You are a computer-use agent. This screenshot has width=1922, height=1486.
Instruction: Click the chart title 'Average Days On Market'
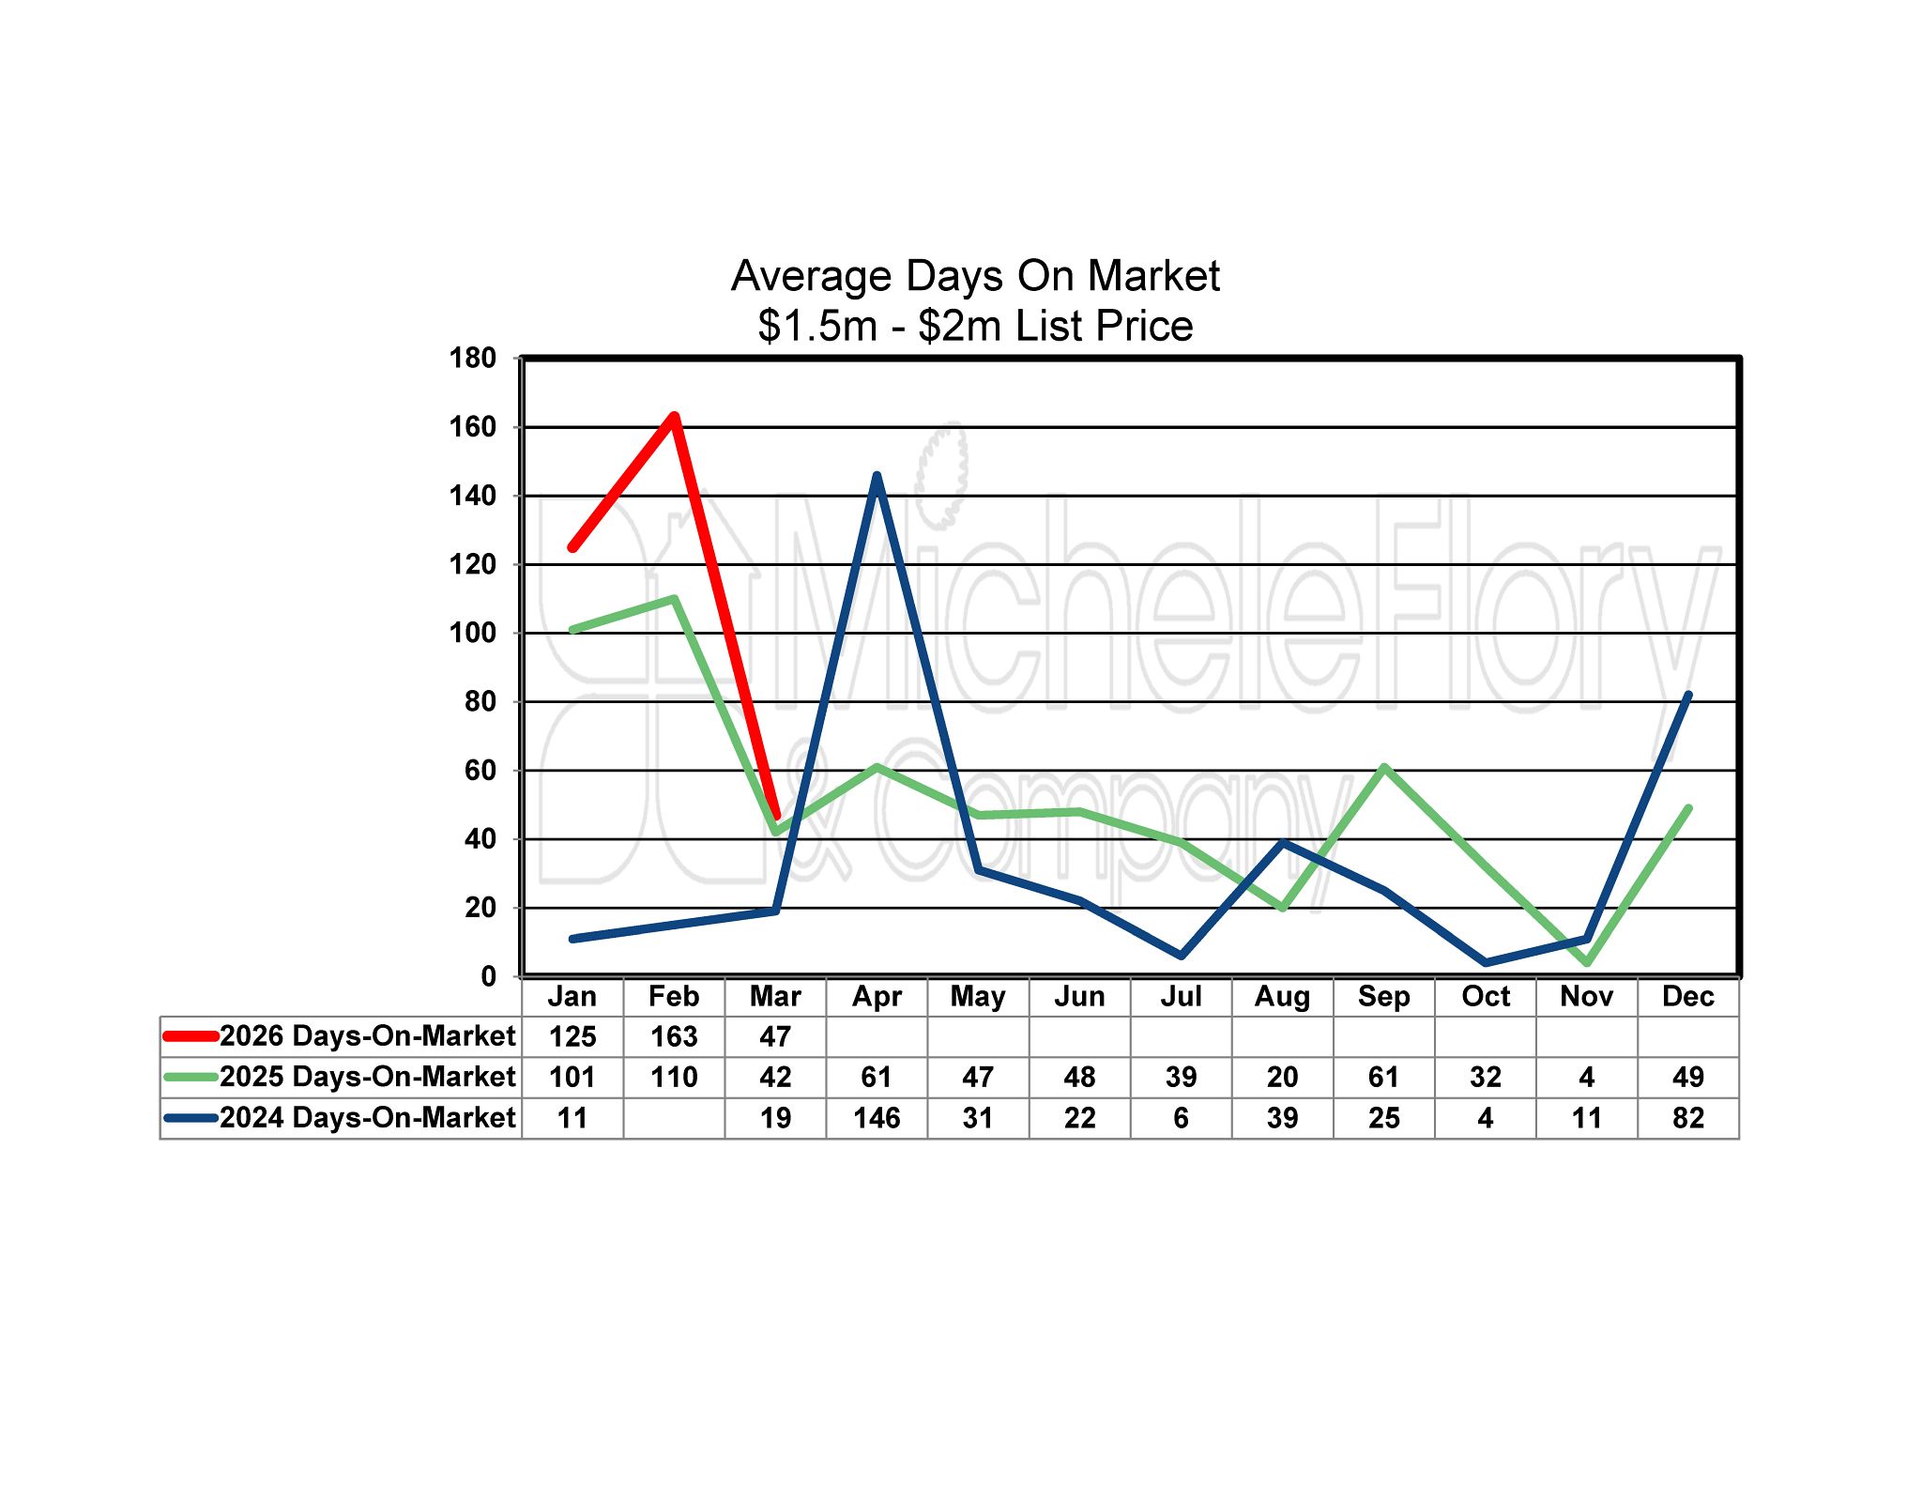(975, 276)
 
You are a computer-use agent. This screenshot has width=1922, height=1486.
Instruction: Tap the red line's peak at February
(674, 417)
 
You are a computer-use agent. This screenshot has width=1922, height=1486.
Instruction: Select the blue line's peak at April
(877, 476)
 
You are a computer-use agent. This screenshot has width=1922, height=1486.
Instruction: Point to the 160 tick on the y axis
(472, 427)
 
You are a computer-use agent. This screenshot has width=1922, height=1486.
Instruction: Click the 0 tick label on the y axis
(488, 976)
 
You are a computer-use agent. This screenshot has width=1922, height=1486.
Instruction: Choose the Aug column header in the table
(1282, 996)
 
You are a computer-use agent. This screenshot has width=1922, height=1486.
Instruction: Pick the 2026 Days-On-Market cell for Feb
(674, 1036)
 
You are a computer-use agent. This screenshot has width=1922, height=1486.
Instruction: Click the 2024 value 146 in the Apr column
(877, 1118)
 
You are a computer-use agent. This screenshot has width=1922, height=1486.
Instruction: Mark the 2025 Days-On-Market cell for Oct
(1485, 1077)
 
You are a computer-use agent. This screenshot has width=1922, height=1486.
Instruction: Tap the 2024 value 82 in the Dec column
(1687, 1118)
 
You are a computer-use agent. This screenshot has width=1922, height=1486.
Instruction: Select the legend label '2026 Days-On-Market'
(367, 1036)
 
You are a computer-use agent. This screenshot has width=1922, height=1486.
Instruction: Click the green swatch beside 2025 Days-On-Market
(191, 1077)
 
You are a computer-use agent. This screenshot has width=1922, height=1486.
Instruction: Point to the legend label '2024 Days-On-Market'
(367, 1118)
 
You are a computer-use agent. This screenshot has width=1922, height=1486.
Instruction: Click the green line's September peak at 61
(1384, 768)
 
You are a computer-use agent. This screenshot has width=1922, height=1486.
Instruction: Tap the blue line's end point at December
(1687, 696)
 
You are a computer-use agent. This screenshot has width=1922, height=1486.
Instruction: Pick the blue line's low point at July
(1181, 956)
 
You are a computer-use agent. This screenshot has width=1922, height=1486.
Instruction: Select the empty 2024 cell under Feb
(674, 1118)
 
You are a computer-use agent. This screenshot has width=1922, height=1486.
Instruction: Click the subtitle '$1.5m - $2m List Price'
(975, 326)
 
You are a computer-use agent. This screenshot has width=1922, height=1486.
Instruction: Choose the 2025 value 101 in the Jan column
(572, 1077)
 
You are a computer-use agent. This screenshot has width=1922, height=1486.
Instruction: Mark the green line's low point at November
(1587, 962)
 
